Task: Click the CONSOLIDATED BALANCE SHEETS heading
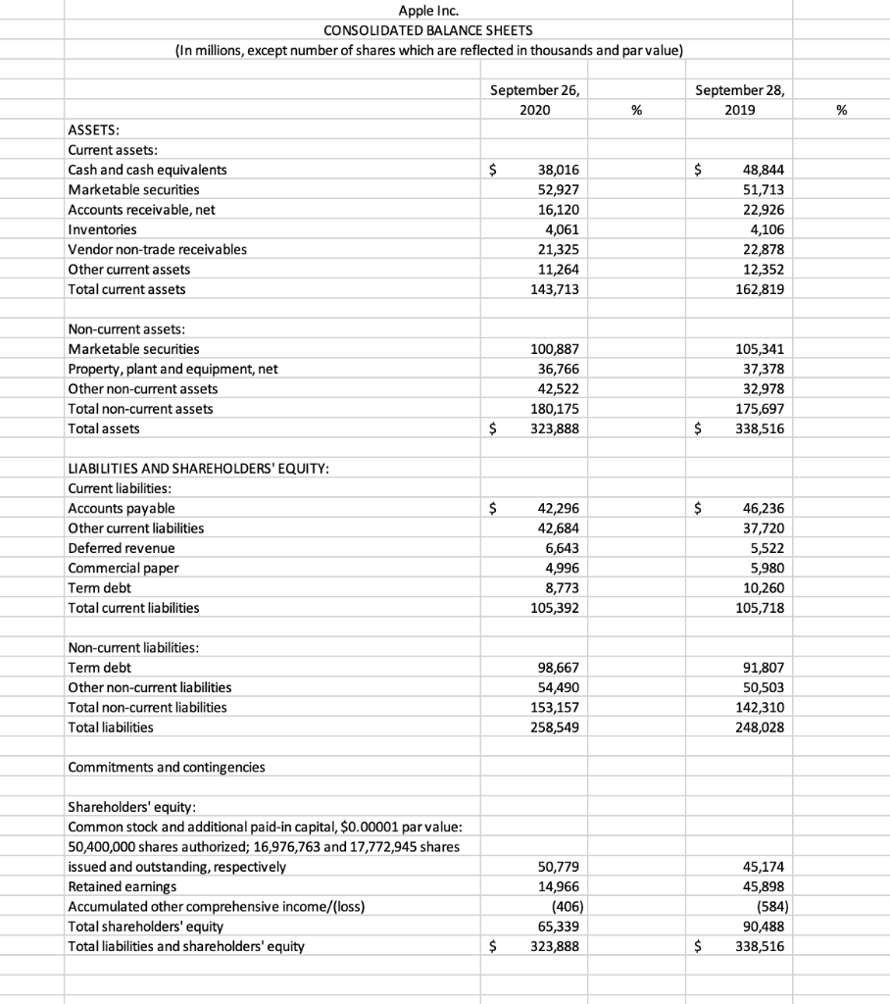(x=423, y=30)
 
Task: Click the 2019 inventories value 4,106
(x=764, y=229)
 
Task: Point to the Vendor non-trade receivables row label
(x=157, y=249)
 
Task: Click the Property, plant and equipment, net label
(x=173, y=369)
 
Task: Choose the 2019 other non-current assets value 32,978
(x=760, y=388)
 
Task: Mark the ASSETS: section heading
(x=95, y=129)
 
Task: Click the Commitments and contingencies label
(x=166, y=767)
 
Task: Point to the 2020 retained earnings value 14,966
(x=558, y=886)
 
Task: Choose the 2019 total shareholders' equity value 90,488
(x=764, y=926)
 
